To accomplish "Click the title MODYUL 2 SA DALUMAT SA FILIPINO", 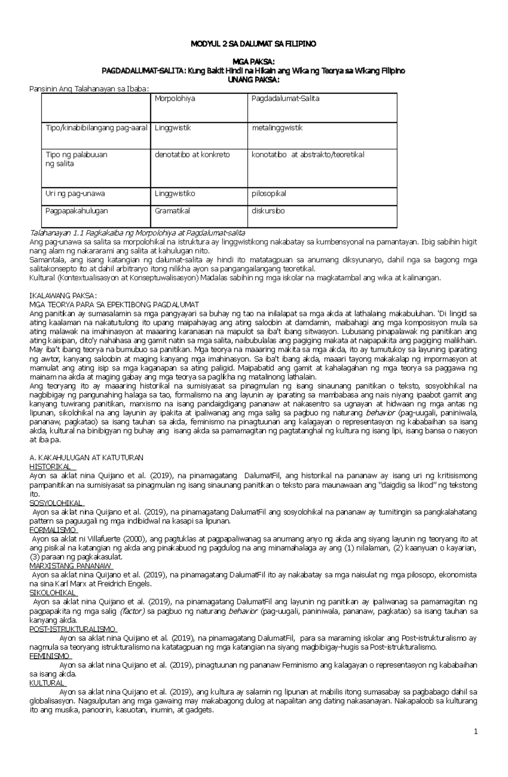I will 253,44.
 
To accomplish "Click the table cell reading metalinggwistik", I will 277,128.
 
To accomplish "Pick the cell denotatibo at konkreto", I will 192,155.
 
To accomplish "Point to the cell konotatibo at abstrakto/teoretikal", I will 308,155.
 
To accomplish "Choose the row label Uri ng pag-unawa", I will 75,194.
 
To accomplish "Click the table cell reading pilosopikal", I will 269,194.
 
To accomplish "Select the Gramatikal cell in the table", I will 172,211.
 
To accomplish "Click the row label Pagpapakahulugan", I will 77,211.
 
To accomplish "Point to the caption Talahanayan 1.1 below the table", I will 137,233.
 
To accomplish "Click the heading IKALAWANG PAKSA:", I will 63,296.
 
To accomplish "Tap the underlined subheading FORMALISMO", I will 53,530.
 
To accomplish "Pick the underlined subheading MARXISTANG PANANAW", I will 70,566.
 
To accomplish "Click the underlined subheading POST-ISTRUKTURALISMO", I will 72,629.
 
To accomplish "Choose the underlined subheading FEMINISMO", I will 50,656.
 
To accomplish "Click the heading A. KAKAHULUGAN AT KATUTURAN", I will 86,458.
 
